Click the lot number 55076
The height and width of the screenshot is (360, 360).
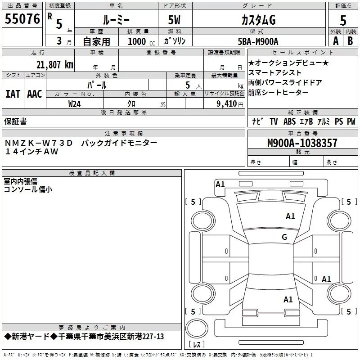click(22, 20)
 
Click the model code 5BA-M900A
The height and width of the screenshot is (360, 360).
click(258, 41)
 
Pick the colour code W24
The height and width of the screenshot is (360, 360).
click(75, 103)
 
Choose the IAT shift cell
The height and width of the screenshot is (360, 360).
click(13, 94)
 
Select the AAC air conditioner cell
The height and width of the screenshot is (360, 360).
click(35, 94)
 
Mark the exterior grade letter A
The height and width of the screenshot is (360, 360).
click(335, 40)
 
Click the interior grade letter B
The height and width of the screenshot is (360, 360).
click(350, 40)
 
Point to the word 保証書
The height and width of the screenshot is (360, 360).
click(15, 121)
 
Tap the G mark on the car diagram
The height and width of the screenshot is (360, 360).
click(284, 237)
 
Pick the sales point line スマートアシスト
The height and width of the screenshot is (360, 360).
click(275, 72)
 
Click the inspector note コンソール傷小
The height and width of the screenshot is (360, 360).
click(28, 189)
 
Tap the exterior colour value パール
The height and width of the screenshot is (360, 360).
click(97, 85)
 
